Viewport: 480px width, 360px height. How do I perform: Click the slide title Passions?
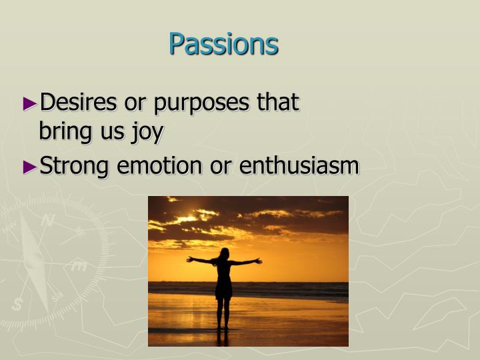(223, 44)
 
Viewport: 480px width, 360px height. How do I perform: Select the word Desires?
(79, 103)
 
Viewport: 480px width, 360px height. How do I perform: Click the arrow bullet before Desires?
(31, 103)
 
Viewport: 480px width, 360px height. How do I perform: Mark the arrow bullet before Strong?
(31, 167)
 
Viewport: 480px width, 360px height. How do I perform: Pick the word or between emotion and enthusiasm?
(221, 166)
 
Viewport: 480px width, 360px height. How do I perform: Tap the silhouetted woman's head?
(224, 254)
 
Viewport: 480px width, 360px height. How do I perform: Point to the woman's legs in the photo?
(224, 312)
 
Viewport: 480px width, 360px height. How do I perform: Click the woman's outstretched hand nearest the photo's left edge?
(189, 259)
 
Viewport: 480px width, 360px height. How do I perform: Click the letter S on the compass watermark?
(16, 305)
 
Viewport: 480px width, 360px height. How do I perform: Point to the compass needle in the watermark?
(33, 263)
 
